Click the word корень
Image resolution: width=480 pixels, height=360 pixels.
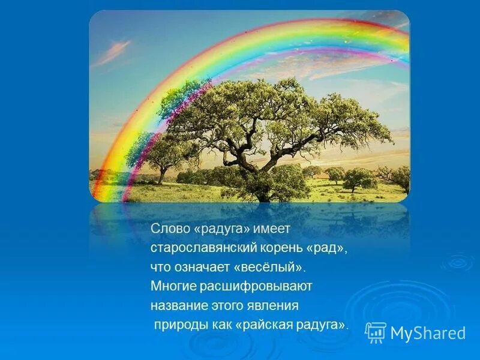269,247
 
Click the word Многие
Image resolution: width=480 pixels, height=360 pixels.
172,286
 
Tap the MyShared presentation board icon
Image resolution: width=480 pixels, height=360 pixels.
376,332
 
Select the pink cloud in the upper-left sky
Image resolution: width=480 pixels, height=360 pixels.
114,52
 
